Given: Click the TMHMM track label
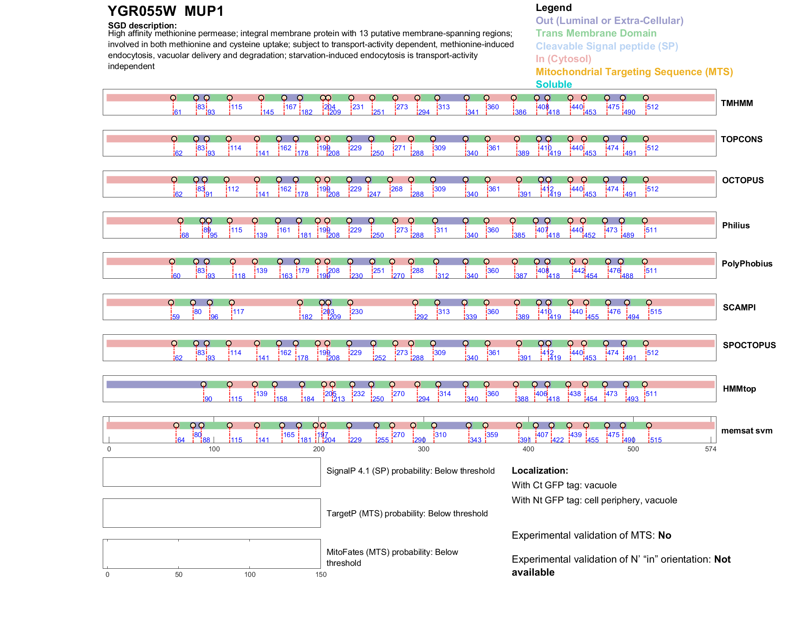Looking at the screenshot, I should coord(736,103).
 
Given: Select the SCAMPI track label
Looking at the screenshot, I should coord(739,308).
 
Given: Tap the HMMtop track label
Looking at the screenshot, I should coord(739,389).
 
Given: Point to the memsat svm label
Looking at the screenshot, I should coord(747,431).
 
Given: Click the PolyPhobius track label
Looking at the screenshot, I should coord(747,264).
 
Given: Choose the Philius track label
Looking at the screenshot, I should coord(736,225).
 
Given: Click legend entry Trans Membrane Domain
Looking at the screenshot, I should coord(596,33).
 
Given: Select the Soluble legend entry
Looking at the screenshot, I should coord(554,84).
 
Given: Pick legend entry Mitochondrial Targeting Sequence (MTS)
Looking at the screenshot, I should coord(634,72).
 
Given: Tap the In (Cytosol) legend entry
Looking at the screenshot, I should coord(563,59).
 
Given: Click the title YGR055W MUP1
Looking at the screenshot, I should coord(166,11).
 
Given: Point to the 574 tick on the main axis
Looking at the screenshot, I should coord(710,449).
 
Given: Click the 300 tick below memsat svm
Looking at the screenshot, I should coord(424,449).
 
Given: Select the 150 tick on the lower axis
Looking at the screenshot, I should coord(321,574).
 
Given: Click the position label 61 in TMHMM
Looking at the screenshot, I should coord(177,113).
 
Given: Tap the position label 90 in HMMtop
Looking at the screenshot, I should coord(208,399).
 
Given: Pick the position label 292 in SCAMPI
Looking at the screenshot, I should coord(422,317).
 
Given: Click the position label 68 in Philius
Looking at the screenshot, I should coord(185,236).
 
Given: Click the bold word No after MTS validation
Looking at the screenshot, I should coord(664,535).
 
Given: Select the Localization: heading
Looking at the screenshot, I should coord(539,471).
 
